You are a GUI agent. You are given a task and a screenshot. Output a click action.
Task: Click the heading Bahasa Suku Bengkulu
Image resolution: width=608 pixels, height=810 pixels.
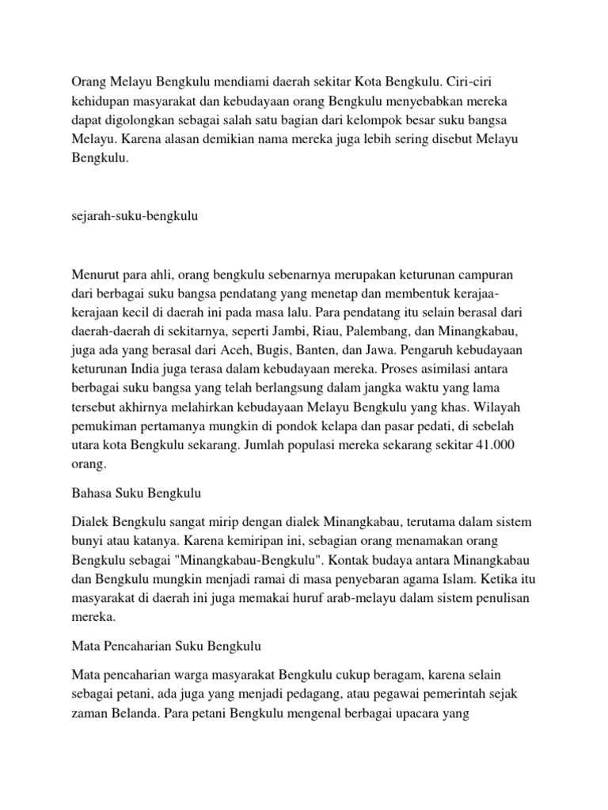click(x=137, y=493)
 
